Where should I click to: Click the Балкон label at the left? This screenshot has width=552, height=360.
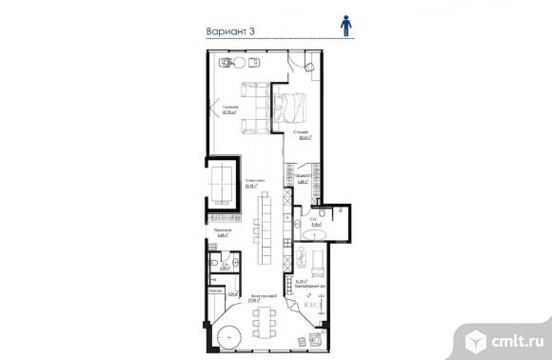[x=215, y=288]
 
